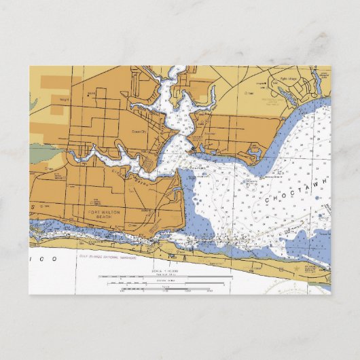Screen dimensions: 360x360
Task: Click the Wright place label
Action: tap(64, 100)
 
